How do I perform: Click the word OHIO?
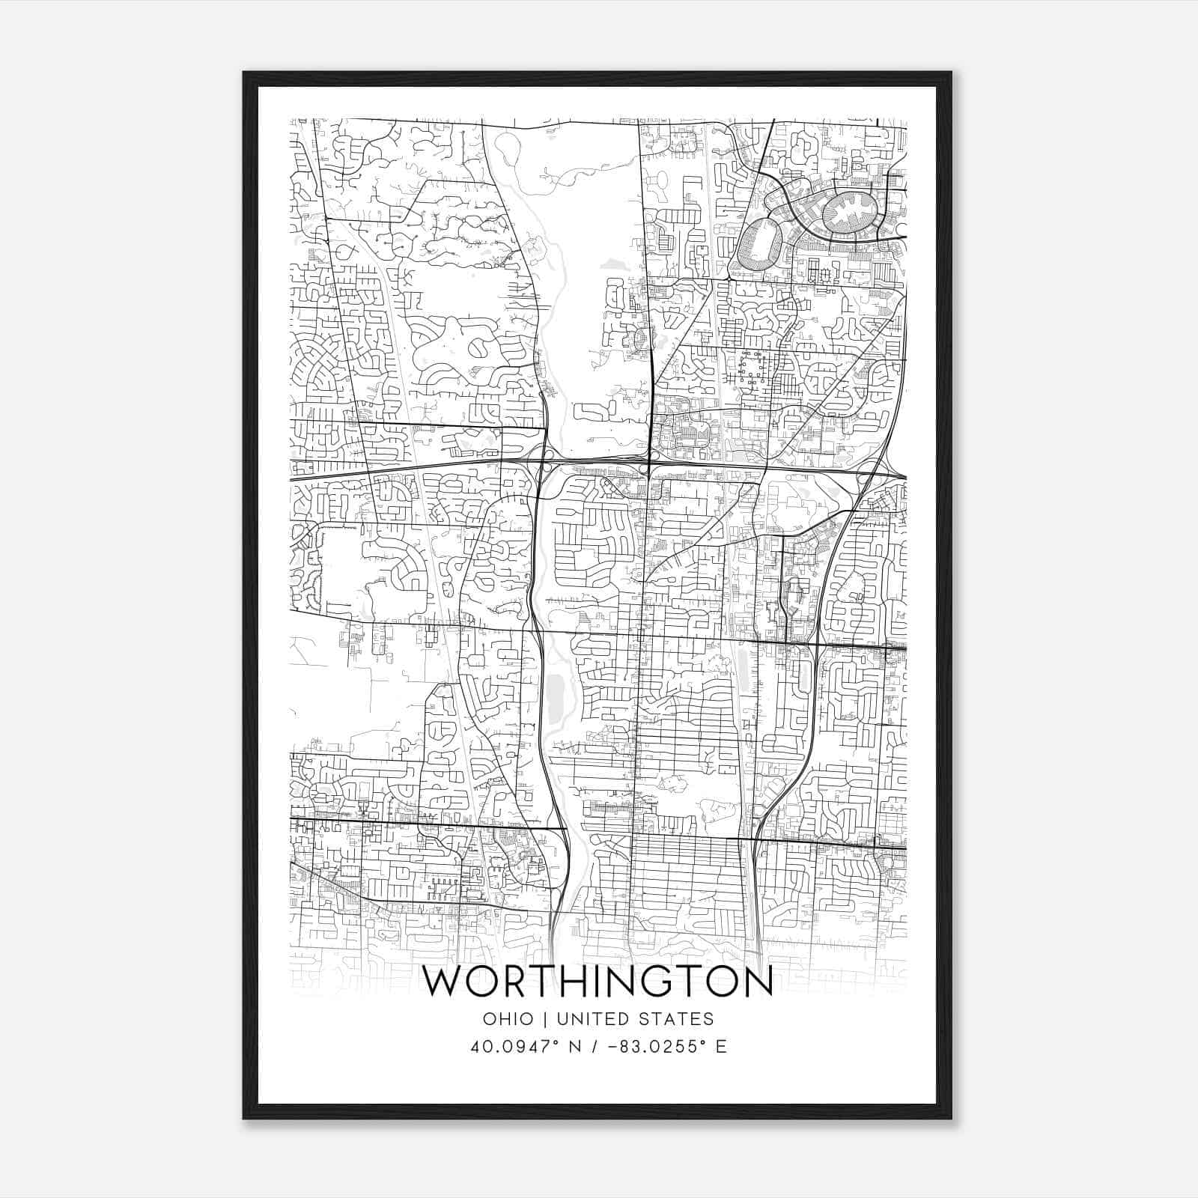tap(508, 1019)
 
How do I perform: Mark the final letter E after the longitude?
tap(721, 1047)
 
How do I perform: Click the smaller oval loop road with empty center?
tap(760, 245)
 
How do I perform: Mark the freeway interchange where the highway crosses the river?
tap(545, 464)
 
